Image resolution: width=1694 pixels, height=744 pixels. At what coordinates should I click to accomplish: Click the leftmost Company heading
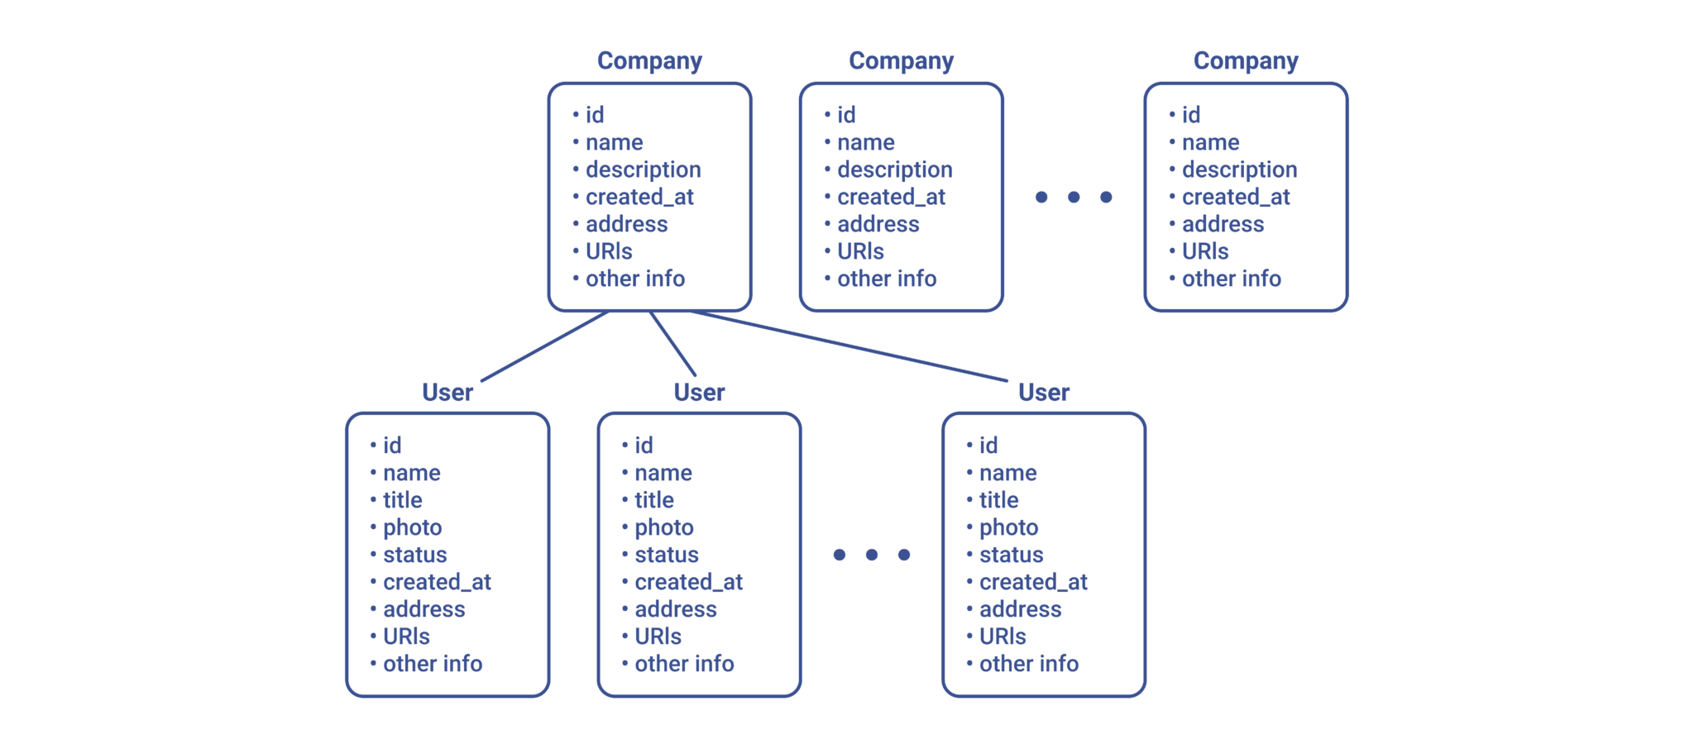click(x=649, y=61)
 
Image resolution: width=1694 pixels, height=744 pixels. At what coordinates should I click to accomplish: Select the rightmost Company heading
click(x=1246, y=61)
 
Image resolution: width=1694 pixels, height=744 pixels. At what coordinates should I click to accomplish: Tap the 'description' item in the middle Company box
click(x=895, y=169)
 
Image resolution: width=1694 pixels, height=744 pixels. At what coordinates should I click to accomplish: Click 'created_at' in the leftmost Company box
click(x=639, y=197)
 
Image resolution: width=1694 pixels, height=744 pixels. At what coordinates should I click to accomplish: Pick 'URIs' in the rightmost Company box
click(x=1205, y=251)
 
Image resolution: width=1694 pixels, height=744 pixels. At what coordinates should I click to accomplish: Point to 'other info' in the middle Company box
click(x=887, y=279)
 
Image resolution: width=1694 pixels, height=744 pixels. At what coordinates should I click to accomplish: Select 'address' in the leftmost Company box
click(x=627, y=224)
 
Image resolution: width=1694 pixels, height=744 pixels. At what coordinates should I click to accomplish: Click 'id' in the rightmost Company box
click(x=1191, y=115)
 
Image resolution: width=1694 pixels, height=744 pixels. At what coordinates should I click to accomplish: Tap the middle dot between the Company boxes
click(x=1074, y=197)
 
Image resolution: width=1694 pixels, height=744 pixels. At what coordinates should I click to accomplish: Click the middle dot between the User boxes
click(x=872, y=555)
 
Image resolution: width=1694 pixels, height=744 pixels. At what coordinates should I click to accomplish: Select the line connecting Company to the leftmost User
click(x=545, y=346)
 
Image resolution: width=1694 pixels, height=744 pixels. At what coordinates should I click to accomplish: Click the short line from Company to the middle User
click(x=672, y=344)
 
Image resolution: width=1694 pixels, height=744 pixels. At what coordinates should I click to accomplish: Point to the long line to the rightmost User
click(x=849, y=346)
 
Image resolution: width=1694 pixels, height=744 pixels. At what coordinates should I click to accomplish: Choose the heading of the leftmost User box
click(x=447, y=392)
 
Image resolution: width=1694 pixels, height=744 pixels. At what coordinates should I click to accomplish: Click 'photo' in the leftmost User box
click(x=413, y=527)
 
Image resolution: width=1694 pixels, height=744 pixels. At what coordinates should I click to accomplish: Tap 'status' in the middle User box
click(x=667, y=555)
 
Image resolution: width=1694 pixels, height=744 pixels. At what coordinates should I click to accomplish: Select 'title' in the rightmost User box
click(x=998, y=500)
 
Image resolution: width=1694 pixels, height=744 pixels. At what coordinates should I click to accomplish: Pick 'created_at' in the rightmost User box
click(x=1033, y=582)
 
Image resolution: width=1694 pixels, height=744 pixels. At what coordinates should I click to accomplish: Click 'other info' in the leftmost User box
click(x=433, y=664)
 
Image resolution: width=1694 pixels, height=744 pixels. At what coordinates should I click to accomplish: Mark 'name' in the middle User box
click(x=663, y=473)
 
